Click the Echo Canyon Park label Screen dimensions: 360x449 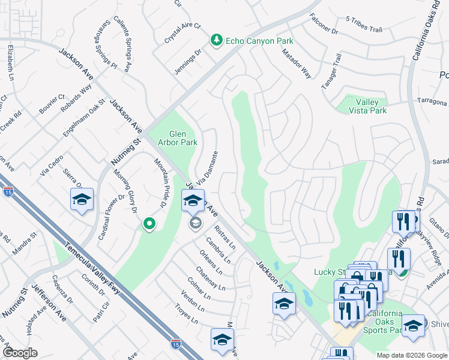(259, 41)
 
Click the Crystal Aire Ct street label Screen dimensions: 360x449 (182, 34)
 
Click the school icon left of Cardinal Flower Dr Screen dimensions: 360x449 (82, 200)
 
